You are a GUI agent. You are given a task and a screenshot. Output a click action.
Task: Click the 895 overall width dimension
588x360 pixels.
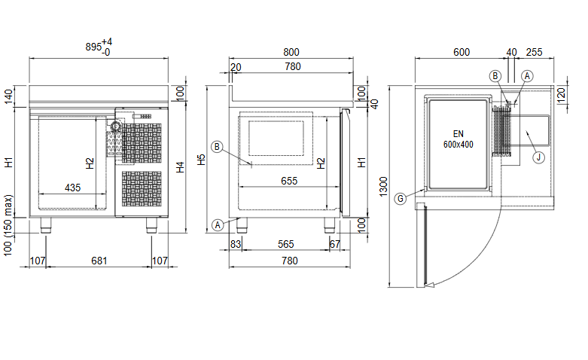[94, 47]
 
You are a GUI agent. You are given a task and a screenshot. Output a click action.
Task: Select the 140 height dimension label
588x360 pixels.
[9, 96]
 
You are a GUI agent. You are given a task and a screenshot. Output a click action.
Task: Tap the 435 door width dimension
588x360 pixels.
[73, 187]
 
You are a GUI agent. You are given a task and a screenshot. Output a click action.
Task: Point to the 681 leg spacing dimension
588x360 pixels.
[99, 261]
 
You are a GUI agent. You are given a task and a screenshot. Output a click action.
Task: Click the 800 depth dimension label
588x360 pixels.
[291, 52]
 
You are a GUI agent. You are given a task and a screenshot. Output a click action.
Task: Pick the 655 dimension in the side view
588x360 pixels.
[288, 181]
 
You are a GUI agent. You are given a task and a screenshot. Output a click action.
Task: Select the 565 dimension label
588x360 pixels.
[286, 244]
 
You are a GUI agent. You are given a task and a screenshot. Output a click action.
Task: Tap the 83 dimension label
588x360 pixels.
[236, 244]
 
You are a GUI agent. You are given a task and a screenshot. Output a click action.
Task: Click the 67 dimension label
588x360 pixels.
[335, 244]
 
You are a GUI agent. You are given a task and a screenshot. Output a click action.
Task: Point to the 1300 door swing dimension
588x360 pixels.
[384, 185]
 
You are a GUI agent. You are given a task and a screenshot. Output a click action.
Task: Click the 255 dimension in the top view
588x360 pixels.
[534, 52]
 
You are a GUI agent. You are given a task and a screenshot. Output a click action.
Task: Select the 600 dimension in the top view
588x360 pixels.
[462, 52]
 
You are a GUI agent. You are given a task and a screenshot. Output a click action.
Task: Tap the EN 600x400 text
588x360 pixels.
[458, 139]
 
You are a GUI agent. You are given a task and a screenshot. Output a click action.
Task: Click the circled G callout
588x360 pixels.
[401, 198]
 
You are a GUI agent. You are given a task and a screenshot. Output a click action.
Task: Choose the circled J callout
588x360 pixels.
[538, 157]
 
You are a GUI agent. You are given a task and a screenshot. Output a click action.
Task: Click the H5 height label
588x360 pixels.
[201, 160]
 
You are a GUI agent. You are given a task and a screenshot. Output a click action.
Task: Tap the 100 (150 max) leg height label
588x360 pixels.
[9, 224]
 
